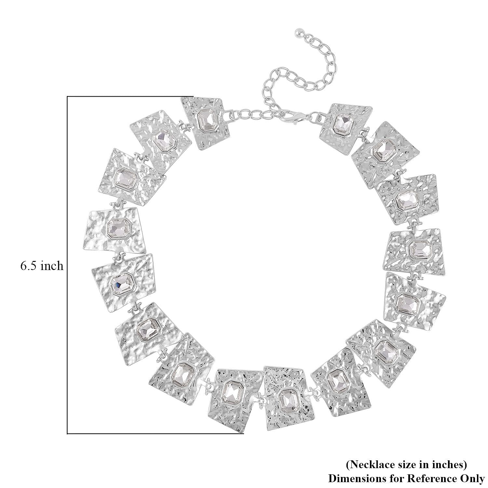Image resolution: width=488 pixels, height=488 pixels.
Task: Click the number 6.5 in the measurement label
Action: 29,266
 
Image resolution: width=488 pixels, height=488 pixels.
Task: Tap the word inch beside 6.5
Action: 52,266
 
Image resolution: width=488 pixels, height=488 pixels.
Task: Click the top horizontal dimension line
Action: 130,97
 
